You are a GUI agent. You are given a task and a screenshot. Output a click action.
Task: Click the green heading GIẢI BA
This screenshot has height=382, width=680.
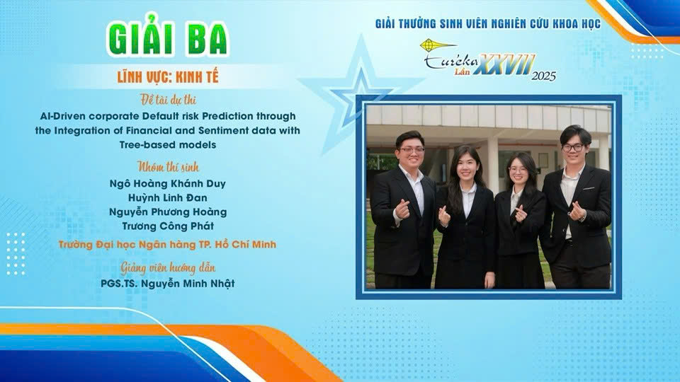pyautogui.click(x=167, y=36)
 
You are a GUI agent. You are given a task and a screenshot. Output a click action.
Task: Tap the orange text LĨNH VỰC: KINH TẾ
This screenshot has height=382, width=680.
pyautogui.click(x=168, y=77)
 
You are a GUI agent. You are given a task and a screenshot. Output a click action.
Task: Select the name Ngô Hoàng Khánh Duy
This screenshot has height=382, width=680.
pyautogui.click(x=167, y=184)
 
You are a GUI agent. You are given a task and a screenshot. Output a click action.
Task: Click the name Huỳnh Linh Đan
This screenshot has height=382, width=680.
pyautogui.click(x=167, y=198)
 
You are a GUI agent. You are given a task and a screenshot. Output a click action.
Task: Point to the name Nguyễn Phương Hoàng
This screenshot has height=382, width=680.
pyautogui.click(x=168, y=212)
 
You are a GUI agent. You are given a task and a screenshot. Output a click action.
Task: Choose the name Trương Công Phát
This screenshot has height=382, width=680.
pyautogui.click(x=168, y=226)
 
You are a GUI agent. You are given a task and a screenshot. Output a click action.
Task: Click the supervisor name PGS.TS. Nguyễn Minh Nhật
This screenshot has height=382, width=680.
pyautogui.click(x=167, y=284)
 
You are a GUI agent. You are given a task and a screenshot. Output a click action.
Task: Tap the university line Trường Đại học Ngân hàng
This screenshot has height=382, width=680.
pyautogui.click(x=167, y=245)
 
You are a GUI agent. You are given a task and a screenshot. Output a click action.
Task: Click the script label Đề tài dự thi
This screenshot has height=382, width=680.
pyautogui.click(x=168, y=100)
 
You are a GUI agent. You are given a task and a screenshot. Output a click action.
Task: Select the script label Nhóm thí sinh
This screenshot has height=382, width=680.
pyautogui.click(x=168, y=167)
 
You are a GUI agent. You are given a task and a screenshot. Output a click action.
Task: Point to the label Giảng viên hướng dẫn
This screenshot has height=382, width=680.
pyautogui.click(x=168, y=268)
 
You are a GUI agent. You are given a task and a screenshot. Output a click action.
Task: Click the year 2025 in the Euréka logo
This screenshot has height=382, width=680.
pyautogui.click(x=543, y=76)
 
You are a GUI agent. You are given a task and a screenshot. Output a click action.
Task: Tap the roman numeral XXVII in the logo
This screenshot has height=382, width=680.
pyautogui.click(x=504, y=64)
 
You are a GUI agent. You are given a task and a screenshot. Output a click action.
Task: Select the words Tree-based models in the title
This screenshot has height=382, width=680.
pyautogui.click(x=168, y=144)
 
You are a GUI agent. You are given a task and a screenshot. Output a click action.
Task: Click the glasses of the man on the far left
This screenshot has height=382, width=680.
pyautogui.click(x=411, y=150)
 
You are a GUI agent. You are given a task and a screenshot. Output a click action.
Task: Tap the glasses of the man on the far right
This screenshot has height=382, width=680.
pyautogui.click(x=572, y=148)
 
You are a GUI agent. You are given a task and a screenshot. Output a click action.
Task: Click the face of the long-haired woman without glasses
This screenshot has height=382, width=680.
pyautogui.click(x=467, y=167)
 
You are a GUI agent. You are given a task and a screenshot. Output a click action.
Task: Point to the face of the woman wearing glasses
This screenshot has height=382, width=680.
pyautogui.click(x=518, y=171)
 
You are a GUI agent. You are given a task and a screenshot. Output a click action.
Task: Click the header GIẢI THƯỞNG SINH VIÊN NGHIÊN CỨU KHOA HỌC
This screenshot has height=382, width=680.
pyautogui.click(x=488, y=24)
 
